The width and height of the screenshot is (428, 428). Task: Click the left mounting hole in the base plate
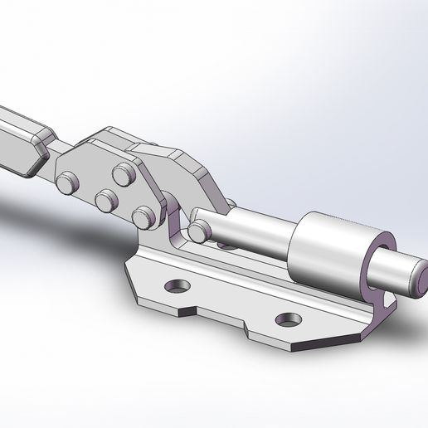[177, 287]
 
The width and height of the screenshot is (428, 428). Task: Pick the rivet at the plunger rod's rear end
[197, 230]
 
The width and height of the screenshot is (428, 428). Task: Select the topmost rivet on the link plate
[124, 175]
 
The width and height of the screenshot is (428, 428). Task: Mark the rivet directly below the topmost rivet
[106, 200]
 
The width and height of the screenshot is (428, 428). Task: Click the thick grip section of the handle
[21, 137]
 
